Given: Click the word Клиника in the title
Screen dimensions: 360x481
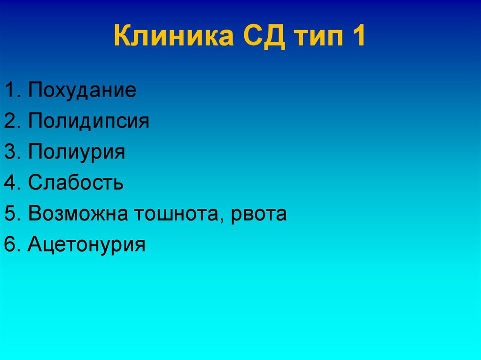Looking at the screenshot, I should [x=173, y=37].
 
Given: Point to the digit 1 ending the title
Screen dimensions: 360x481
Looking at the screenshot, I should [x=358, y=37].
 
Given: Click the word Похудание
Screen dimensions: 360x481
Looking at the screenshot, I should [x=82, y=90].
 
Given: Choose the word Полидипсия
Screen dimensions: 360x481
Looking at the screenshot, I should [x=88, y=121].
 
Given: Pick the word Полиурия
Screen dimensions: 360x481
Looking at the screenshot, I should [x=77, y=152].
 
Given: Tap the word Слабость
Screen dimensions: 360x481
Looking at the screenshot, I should [x=76, y=183].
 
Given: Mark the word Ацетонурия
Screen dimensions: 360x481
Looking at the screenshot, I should [x=86, y=245].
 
